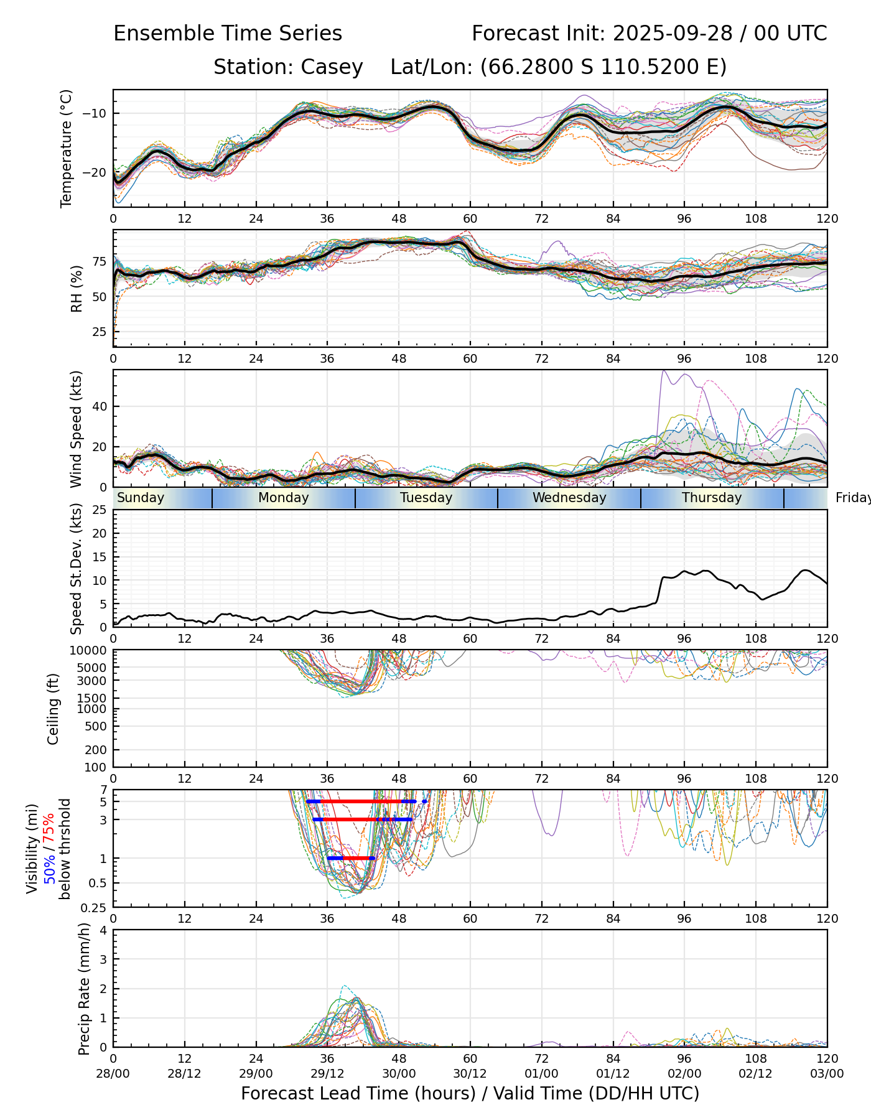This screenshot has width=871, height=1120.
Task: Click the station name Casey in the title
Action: (x=332, y=67)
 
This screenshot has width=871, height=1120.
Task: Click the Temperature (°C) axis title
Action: (x=67, y=148)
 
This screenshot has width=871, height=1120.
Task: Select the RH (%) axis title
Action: (x=77, y=289)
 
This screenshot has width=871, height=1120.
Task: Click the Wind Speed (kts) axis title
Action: (x=77, y=429)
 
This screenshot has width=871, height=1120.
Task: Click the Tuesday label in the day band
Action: (x=426, y=498)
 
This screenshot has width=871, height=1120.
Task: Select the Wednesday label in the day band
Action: (x=569, y=498)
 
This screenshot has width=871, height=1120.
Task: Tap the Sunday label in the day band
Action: (x=141, y=498)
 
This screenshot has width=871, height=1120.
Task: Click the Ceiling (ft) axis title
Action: (x=54, y=709)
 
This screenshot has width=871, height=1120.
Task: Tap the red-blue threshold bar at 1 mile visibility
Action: (x=352, y=858)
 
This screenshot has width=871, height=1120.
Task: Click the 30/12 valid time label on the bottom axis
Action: (x=470, y=1074)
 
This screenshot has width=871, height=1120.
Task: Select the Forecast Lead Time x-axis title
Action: (x=470, y=1093)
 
